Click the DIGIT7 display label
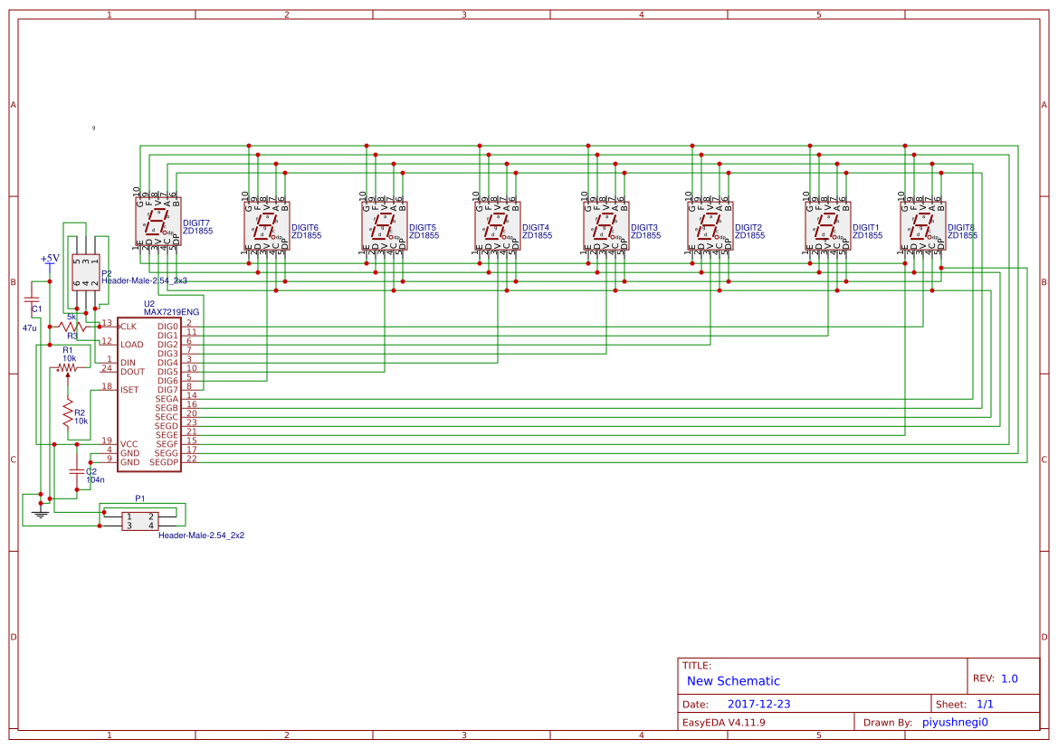tap(196, 223)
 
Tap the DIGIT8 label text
tap(961, 227)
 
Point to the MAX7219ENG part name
tap(171, 311)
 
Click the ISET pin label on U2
tap(129, 390)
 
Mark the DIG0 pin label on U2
tap(167, 327)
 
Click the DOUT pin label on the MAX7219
tap(132, 372)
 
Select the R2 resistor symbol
tap(67, 413)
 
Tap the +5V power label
tap(50, 259)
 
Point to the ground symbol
tap(39, 515)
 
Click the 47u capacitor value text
tap(30, 327)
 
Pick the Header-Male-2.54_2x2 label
tap(201, 536)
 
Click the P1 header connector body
tap(139, 521)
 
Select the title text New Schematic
tap(733, 681)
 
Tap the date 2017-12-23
tap(759, 704)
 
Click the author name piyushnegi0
tap(955, 722)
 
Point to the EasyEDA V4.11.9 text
tap(723, 722)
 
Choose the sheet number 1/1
tap(985, 704)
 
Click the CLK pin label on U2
tap(129, 327)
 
